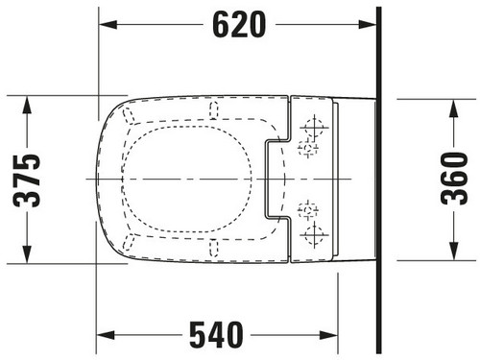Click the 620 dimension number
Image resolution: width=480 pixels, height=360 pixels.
(x=239, y=25)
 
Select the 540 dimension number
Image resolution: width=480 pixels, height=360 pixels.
(x=216, y=335)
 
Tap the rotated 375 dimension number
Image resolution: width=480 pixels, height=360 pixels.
(x=27, y=180)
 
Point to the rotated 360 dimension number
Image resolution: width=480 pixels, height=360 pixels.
(x=454, y=179)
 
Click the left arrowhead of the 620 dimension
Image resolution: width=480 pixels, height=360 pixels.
(x=108, y=25)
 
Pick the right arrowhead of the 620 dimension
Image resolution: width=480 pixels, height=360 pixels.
(x=368, y=25)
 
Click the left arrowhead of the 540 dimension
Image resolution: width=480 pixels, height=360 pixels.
(x=106, y=335)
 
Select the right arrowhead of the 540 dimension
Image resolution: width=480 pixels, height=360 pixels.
(x=328, y=335)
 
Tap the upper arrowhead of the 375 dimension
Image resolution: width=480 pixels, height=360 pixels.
(x=27, y=106)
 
